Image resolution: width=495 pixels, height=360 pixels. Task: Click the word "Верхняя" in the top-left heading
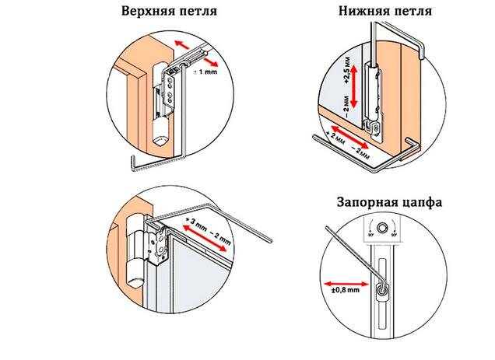[144, 13]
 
